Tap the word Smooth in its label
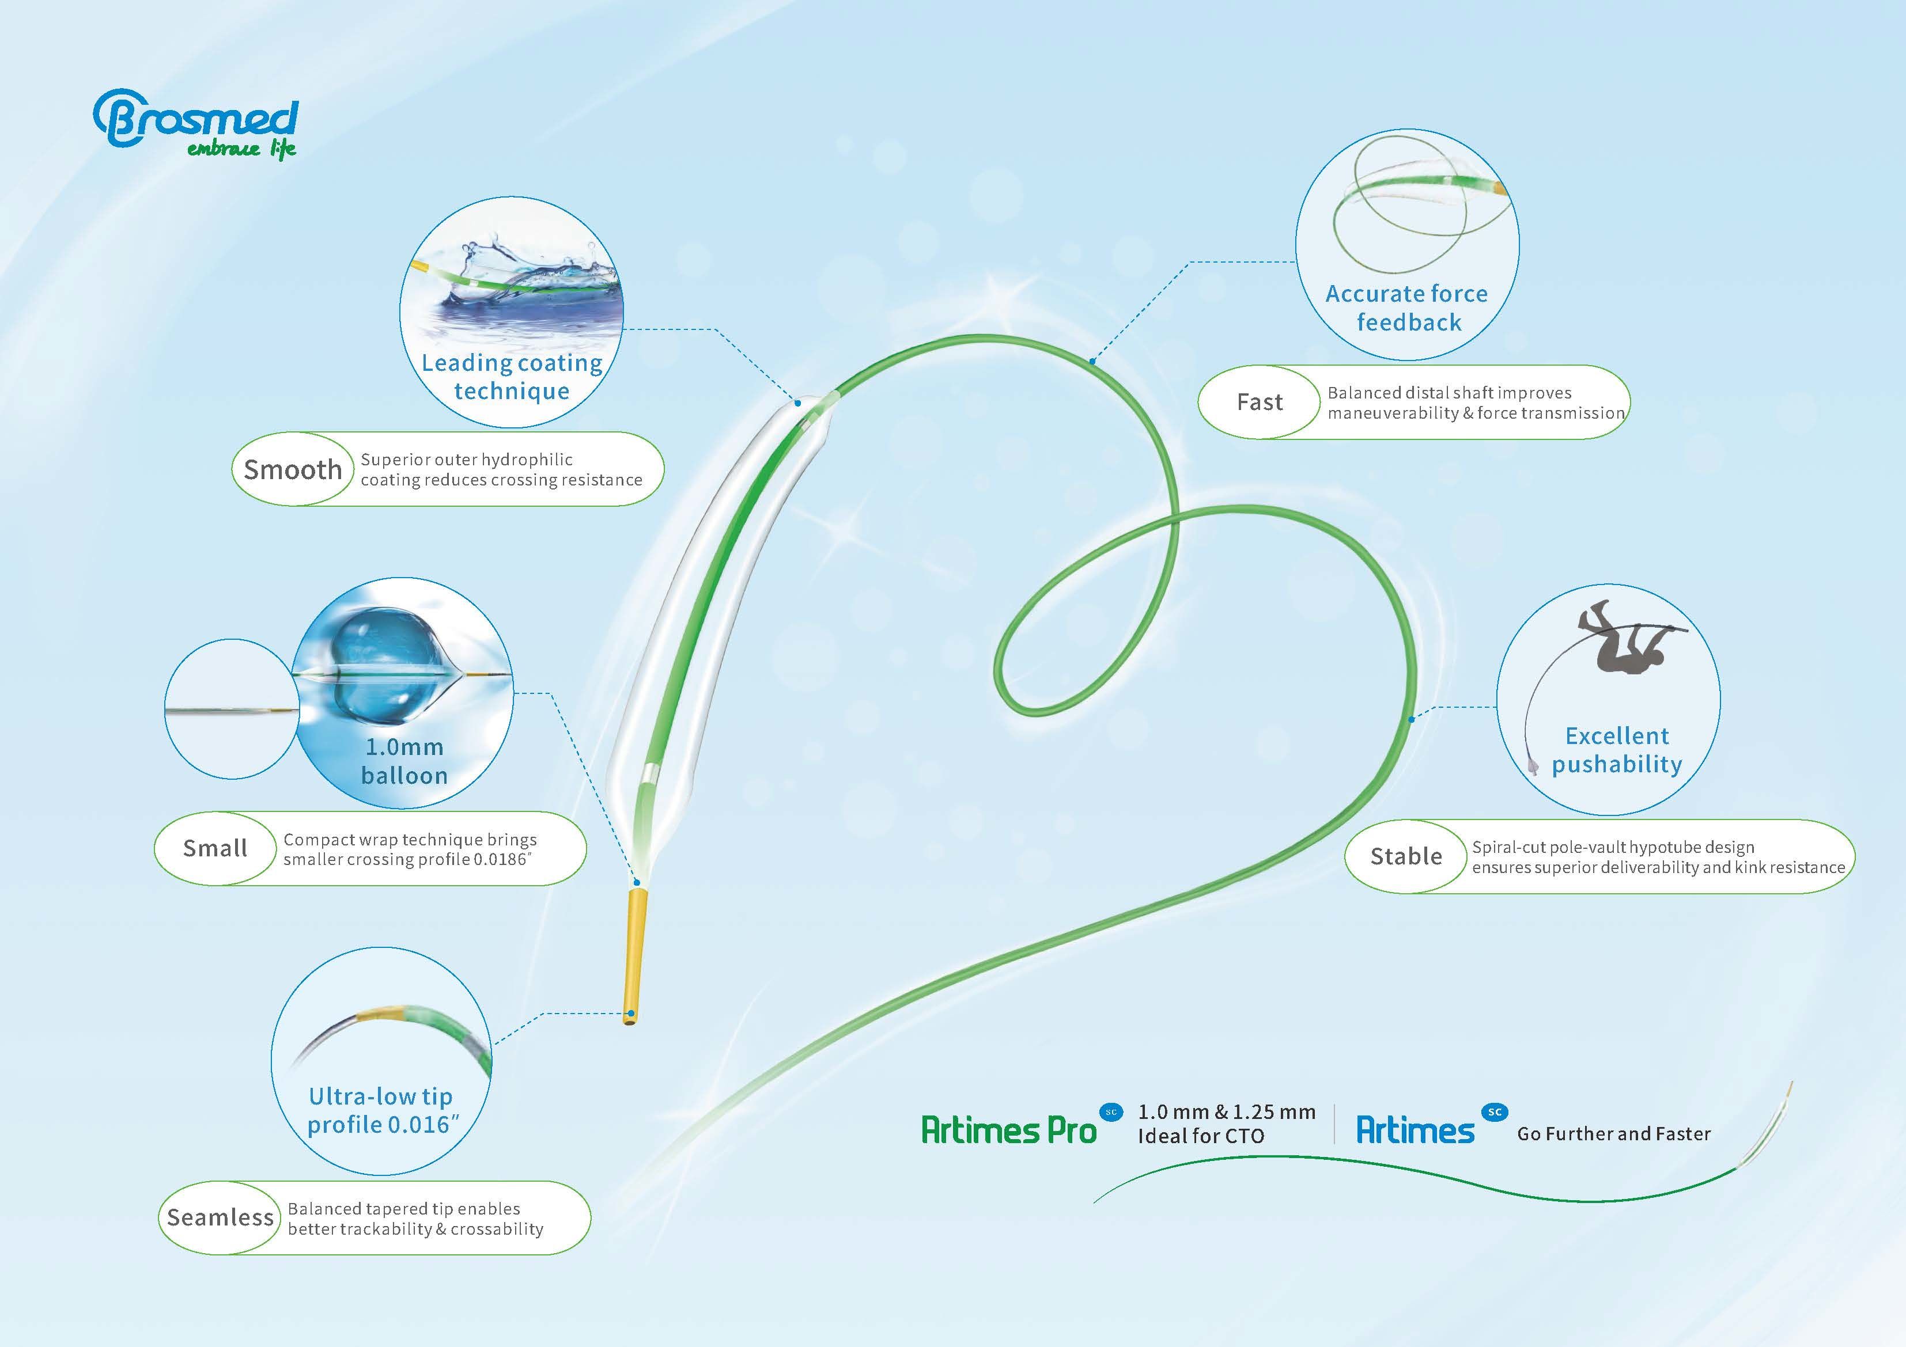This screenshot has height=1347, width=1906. click(x=292, y=470)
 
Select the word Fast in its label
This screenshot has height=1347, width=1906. click(x=1260, y=403)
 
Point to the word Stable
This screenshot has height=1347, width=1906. click(x=1406, y=856)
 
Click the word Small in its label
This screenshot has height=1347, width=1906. click(x=215, y=848)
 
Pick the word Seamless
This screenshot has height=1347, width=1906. click(x=220, y=1217)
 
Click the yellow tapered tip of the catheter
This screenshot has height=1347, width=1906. click(x=635, y=958)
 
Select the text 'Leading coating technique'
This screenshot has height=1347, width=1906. click(x=512, y=377)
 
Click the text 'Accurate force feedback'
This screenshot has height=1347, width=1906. click(x=1407, y=308)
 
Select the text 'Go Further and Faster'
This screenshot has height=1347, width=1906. click(x=1614, y=1134)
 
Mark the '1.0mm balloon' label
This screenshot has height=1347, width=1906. click(x=404, y=761)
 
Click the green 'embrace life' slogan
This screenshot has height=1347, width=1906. click(x=241, y=149)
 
